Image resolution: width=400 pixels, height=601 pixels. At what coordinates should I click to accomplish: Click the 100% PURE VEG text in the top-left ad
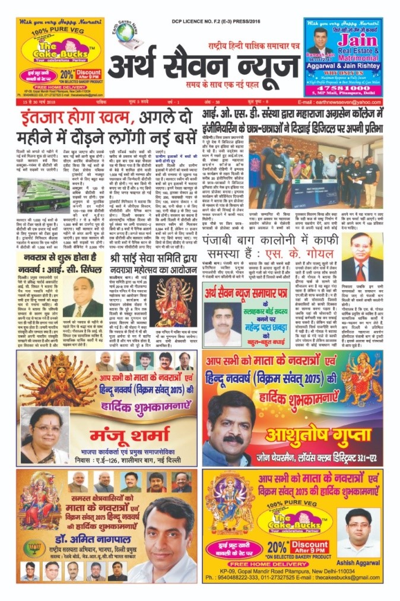[x=50, y=30]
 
